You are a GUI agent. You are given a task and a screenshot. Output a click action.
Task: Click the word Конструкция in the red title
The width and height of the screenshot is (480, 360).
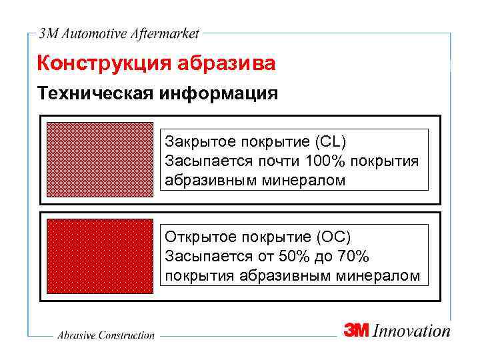(x=105, y=65)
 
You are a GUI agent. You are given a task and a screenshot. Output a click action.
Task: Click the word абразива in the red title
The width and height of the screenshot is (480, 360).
(x=226, y=65)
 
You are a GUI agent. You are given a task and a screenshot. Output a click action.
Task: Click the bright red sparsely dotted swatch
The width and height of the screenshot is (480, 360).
(x=100, y=257)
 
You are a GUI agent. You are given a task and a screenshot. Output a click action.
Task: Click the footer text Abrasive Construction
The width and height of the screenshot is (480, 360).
(x=105, y=335)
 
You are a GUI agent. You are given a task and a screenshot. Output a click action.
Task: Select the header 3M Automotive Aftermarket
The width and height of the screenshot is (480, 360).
(x=119, y=33)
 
